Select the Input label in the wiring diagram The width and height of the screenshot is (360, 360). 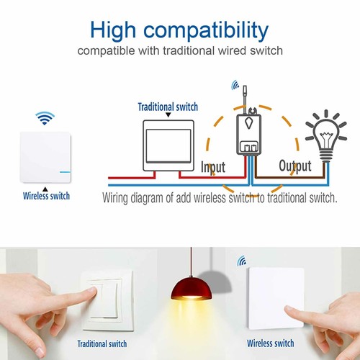[212, 167]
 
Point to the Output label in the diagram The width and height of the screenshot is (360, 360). [294, 166]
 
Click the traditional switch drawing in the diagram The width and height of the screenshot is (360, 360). [168, 145]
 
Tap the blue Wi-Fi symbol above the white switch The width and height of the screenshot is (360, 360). [45, 117]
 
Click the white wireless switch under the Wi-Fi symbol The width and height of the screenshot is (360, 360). [45, 157]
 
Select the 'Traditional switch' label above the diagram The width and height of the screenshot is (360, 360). [168, 107]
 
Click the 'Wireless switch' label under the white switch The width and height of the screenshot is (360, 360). [46, 196]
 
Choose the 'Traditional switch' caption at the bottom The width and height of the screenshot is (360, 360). [102, 344]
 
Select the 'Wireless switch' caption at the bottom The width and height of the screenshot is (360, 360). [269, 344]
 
